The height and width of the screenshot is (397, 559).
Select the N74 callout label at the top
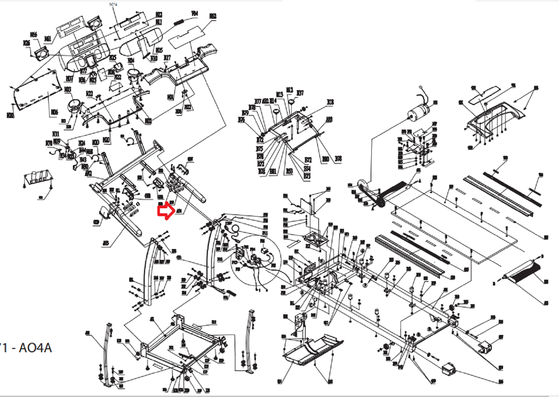113,4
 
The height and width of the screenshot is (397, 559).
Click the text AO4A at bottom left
35,348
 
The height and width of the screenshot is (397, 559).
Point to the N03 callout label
67,90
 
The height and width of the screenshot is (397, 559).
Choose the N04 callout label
171,97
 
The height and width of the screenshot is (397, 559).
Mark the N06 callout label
54,112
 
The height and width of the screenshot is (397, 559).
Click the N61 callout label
48,38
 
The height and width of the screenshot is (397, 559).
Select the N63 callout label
213,16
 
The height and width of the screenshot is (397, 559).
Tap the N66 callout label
34,35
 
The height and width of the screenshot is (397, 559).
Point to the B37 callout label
300,93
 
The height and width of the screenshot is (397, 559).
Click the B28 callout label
330,102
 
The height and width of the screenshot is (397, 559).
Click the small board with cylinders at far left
37,180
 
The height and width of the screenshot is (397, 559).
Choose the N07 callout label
69,78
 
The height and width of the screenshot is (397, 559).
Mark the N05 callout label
159,50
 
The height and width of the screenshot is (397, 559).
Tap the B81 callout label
273,171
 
